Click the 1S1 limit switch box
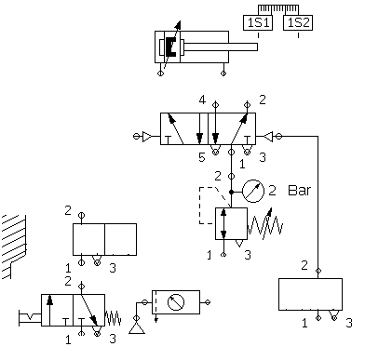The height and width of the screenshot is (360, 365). pyautogui.click(x=258, y=23)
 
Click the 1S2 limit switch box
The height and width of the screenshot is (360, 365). pyautogui.click(x=298, y=23)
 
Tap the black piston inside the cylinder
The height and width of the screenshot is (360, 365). pyautogui.click(x=170, y=47)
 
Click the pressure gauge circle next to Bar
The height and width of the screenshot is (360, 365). pyautogui.click(x=253, y=191)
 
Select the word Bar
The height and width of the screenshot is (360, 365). pyautogui.click(x=299, y=190)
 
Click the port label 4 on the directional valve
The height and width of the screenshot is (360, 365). pyautogui.click(x=202, y=100)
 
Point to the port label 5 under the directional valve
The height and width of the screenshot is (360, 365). pyautogui.click(x=202, y=157)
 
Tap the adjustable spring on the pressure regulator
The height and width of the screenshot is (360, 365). pyautogui.click(x=264, y=224)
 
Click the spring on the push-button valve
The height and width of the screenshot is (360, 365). pyautogui.click(x=113, y=318)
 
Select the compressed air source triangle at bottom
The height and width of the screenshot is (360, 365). pyautogui.click(x=137, y=327)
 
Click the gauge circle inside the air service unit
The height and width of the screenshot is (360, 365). pyautogui.click(x=176, y=302)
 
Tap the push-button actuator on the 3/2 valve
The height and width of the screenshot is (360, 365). pyautogui.click(x=30, y=318)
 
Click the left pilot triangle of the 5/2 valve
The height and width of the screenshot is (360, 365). pyautogui.click(x=147, y=137)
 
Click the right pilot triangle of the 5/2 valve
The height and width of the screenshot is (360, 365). pyautogui.click(x=268, y=137)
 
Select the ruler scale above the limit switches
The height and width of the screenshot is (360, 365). pyautogui.click(x=278, y=9)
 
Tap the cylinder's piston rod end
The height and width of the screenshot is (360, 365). pyautogui.click(x=256, y=47)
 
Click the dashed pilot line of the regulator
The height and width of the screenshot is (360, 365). pyautogui.click(x=208, y=205)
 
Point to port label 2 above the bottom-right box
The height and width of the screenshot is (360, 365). pyautogui.click(x=304, y=265)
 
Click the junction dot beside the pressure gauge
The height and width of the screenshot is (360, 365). pyautogui.click(x=231, y=193)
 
